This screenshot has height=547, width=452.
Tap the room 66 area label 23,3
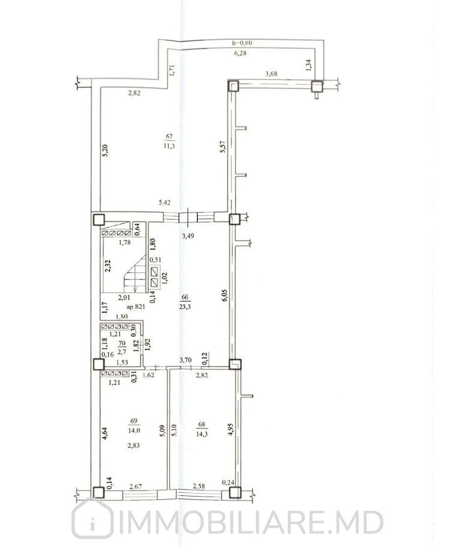pos(185,307)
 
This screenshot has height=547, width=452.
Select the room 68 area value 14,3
pos(201,434)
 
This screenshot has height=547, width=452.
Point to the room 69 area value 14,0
pos(134,430)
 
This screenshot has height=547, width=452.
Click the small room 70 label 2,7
pos(122,352)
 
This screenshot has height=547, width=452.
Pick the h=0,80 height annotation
pos(242,43)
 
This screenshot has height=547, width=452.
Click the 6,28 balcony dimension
pos(241,53)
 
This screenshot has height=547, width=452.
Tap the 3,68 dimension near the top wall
pos(271,73)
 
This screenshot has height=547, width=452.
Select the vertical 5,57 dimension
pos(224,146)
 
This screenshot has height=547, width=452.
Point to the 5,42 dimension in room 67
pos(165,203)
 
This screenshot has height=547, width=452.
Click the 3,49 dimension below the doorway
pos(188,236)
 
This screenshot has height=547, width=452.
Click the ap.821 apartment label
pos(136,307)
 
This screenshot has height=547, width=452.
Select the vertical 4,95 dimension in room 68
pos(230,429)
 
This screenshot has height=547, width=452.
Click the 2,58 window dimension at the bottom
pos(199,486)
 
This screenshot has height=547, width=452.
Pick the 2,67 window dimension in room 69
pos(135,486)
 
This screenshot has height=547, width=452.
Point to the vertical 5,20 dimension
pos(105,150)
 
